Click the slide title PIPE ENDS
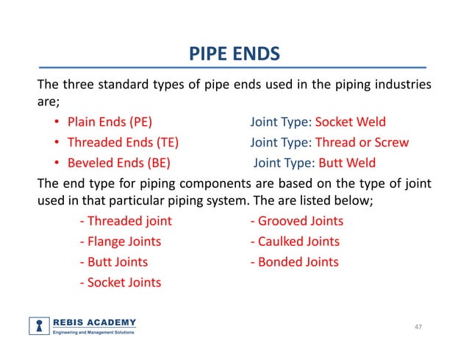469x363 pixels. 234,54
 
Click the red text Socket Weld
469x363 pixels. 350,122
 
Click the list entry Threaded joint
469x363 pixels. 125,221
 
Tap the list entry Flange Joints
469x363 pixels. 120,241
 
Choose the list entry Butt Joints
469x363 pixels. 113,261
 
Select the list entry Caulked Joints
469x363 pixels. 295,241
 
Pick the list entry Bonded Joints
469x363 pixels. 294,261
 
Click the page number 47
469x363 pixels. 418,326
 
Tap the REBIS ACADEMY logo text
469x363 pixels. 94,323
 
